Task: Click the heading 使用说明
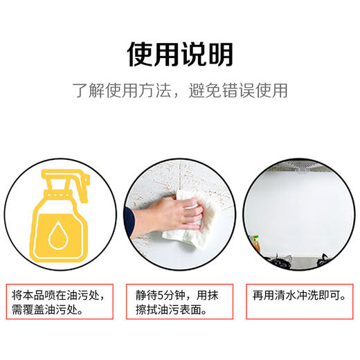[180, 53]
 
